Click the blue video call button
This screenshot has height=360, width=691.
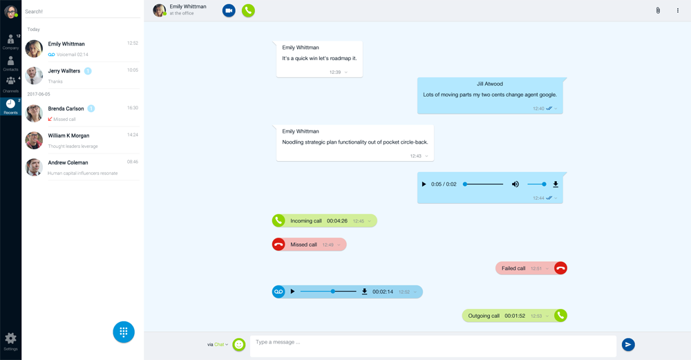point(229,10)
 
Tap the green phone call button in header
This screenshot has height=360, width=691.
point(248,10)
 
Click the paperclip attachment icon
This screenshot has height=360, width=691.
point(658,10)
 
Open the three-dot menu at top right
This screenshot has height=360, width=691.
point(677,10)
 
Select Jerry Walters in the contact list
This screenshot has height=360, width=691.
point(64,71)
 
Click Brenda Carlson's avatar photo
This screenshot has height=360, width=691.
point(34,113)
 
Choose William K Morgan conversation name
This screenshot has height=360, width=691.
point(68,136)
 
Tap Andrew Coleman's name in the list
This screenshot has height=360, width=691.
point(68,163)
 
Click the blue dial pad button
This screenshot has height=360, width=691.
point(124,332)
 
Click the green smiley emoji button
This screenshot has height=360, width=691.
point(239,344)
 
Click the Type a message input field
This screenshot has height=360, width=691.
point(433,343)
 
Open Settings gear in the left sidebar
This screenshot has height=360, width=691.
point(10,339)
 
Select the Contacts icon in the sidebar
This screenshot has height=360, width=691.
point(10,63)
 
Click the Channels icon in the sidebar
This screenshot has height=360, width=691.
point(10,83)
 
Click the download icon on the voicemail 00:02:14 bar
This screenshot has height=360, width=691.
point(364,292)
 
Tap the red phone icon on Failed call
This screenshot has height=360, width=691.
point(560,268)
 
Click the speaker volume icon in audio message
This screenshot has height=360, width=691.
point(515,184)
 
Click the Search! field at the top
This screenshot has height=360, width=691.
point(82,12)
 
